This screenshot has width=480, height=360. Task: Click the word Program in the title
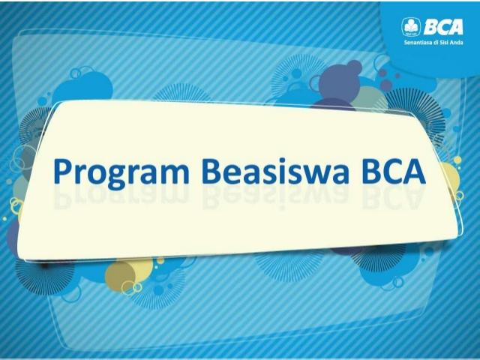click(121, 172)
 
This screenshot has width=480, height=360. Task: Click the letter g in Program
click(112, 177)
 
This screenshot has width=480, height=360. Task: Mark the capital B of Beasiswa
click(212, 172)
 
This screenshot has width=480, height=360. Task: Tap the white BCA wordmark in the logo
click(443, 28)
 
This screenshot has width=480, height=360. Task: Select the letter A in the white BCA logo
click(455, 28)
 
